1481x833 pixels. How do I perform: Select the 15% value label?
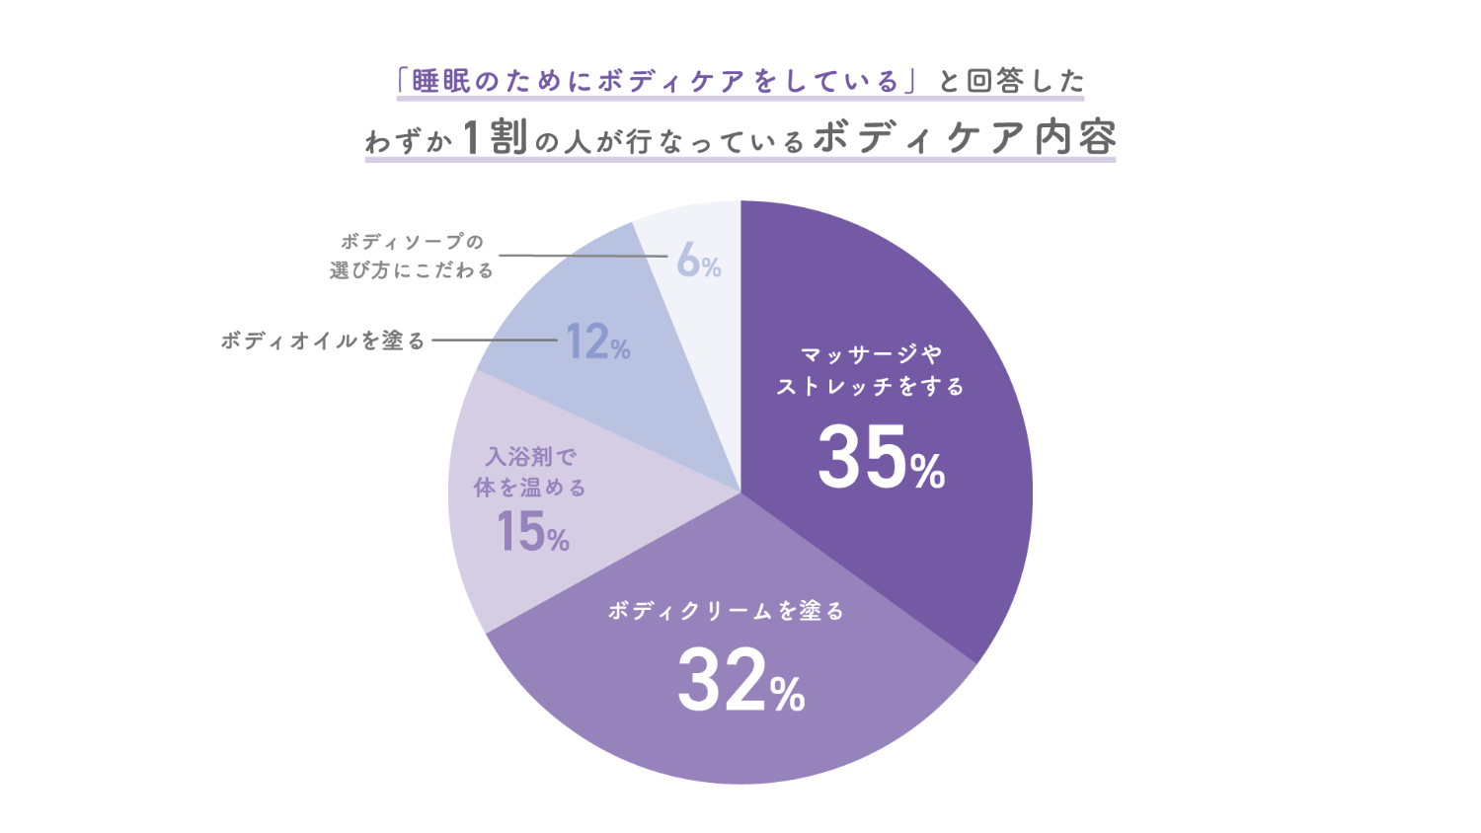[x=532, y=532]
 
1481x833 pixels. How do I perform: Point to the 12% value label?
[x=597, y=342]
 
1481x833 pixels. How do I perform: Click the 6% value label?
[x=698, y=262]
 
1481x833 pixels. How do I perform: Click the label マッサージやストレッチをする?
[x=870, y=370]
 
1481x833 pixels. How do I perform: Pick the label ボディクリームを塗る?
[x=726, y=612]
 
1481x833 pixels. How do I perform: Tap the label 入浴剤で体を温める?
[x=530, y=472]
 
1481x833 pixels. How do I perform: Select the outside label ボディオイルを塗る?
[x=323, y=341]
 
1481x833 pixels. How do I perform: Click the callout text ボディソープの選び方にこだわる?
[x=412, y=256]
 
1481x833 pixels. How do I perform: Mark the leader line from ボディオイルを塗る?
[x=494, y=341]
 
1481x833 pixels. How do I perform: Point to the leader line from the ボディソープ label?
[x=583, y=256]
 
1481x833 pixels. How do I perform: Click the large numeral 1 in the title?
[x=472, y=138]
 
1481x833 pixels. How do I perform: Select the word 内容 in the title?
[x=1075, y=138]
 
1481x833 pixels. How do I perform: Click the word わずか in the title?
[x=409, y=142]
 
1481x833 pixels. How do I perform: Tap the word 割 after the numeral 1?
[x=509, y=138]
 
